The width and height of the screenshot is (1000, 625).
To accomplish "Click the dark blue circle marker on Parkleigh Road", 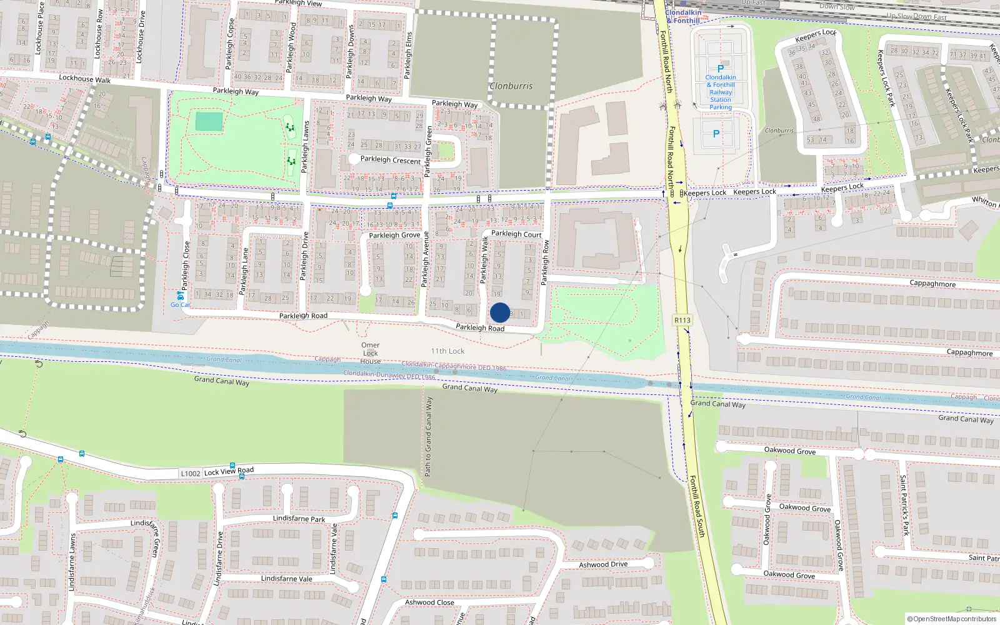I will (x=500, y=312).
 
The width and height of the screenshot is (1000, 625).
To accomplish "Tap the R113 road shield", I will (x=682, y=320).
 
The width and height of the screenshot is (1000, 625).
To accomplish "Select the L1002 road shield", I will (x=191, y=474).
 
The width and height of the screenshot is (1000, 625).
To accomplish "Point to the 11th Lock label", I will (x=447, y=351).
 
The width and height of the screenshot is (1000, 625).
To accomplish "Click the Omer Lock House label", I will (x=370, y=353).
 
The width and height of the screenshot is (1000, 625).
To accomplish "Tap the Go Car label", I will (x=180, y=305).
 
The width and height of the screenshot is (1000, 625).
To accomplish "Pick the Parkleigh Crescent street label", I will (x=391, y=160).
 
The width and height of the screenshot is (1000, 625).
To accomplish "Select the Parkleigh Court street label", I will (x=516, y=234).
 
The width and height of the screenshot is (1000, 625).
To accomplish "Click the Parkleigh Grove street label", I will (x=394, y=236).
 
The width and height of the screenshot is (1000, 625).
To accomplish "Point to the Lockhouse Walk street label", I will (x=84, y=79).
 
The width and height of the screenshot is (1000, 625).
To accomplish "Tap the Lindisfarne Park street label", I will (x=299, y=519).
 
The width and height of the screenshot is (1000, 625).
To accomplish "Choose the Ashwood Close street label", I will (x=429, y=602).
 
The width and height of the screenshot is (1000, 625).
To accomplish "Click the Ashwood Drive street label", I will (x=603, y=564).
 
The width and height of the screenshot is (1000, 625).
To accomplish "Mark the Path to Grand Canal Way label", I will (x=429, y=436).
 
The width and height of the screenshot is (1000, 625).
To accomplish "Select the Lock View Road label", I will (x=229, y=471).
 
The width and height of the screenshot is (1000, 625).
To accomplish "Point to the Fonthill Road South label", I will (x=697, y=506).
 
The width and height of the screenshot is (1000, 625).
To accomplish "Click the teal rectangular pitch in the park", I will (x=209, y=121).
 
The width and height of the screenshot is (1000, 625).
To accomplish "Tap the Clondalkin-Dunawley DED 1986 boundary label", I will (x=389, y=375).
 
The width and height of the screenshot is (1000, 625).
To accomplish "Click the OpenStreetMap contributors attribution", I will (x=952, y=619).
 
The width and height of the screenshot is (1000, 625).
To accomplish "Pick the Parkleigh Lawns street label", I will (x=306, y=147).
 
